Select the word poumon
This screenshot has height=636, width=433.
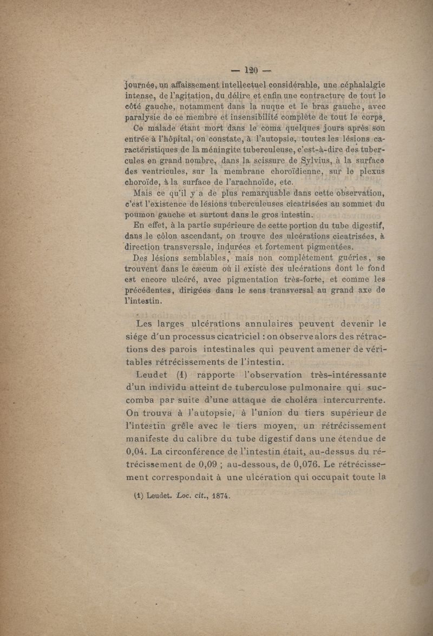click(141, 215)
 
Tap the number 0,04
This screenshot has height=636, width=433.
click(135, 450)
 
